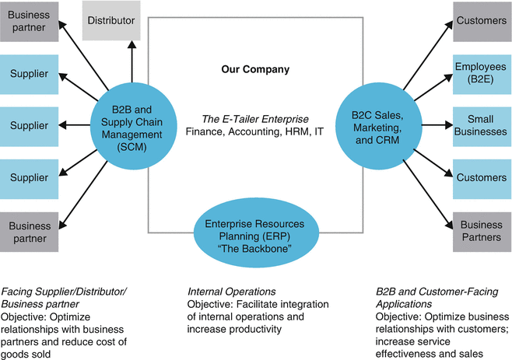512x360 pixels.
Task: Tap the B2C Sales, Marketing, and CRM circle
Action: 377,124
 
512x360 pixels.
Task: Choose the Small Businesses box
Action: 480,125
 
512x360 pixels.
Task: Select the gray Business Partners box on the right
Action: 480,231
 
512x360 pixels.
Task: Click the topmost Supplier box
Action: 29,73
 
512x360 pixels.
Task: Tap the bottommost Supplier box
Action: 29,178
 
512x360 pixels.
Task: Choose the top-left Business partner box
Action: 29,20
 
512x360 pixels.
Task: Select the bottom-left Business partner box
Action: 29,231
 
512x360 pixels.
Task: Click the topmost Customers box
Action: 480,20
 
